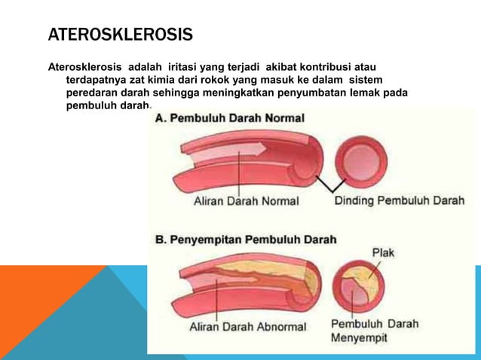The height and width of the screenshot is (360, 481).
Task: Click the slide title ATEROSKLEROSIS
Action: coord(121,35)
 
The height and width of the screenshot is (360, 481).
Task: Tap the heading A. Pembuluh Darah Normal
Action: coord(229,118)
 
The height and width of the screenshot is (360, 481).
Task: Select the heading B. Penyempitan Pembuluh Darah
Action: coord(246,239)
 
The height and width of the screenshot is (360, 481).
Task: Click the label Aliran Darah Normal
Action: coord(246,201)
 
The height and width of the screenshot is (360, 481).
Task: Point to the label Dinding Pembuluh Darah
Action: coord(399,200)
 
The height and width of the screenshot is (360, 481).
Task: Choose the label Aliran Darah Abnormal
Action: coord(247,327)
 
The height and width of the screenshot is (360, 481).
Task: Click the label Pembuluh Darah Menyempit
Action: coord(375,331)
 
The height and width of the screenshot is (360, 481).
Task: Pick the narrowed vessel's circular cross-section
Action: coord(361,290)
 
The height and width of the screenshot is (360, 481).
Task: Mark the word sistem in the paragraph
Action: coord(366,80)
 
